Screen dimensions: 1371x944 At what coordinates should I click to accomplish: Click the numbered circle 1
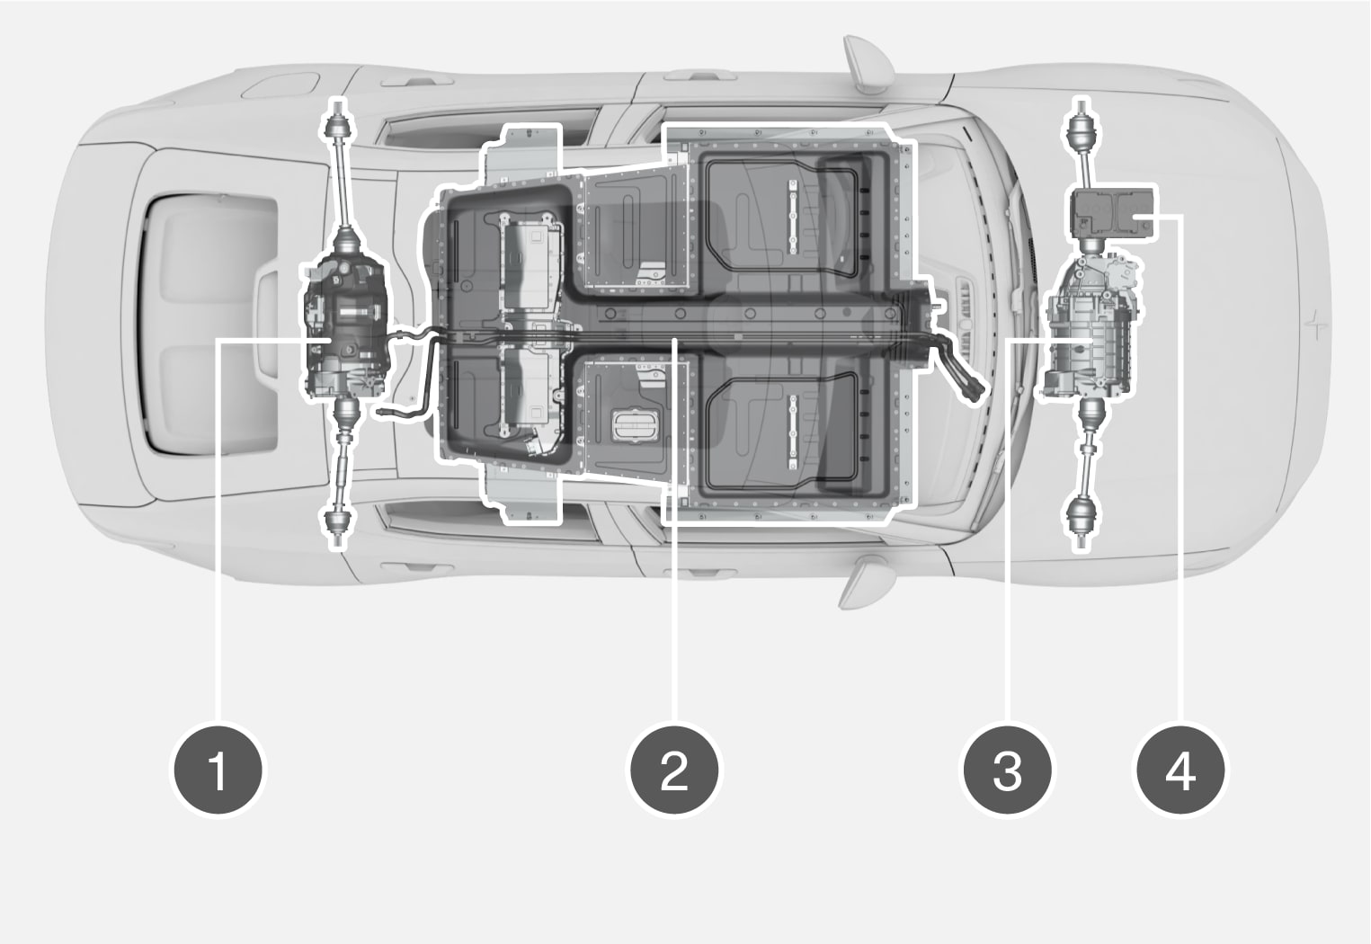click(x=218, y=770)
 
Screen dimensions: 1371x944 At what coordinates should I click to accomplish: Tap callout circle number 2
click(x=674, y=770)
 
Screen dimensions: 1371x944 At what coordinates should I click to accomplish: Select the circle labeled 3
click(x=1007, y=770)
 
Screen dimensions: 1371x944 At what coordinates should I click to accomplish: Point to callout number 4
click(x=1180, y=770)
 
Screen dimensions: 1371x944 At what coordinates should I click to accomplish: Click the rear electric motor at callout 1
click(x=345, y=327)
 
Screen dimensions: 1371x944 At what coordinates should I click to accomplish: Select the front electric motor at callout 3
click(x=1090, y=325)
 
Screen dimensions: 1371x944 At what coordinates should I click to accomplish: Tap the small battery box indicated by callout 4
click(x=1113, y=212)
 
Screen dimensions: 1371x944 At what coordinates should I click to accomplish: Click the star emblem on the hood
click(x=1312, y=325)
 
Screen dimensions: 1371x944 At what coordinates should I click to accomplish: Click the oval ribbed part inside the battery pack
click(x=636, y=425)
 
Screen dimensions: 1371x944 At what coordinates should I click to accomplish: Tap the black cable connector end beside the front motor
click(x=973, y=391)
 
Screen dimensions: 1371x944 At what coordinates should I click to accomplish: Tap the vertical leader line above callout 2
click(x=674, y=530)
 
